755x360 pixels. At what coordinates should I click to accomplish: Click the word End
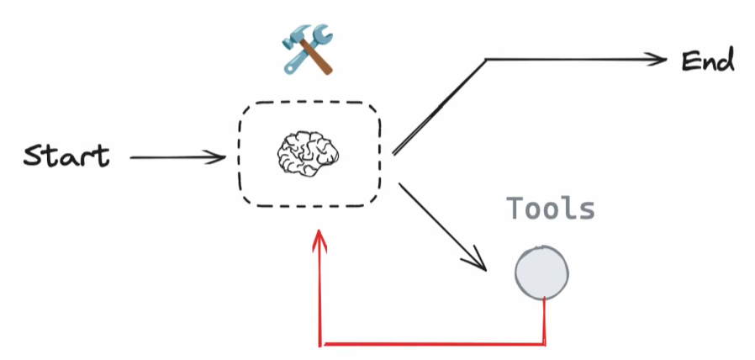(x=708, y=61)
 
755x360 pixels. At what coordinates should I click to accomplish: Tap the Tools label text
(x=551, y=209)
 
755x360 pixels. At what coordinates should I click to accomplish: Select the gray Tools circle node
(x=542, y=273)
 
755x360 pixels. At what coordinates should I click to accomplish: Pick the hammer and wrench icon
(x=307, y=50)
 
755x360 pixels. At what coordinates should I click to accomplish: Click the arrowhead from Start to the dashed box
(x=219, y=156)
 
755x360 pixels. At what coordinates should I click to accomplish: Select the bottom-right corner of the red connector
(x=546, y=343)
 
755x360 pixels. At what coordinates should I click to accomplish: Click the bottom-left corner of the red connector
(x=320, y=343)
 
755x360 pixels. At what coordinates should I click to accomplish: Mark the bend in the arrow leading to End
(x=486, y=61)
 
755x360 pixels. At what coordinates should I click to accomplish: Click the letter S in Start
(x=34, y=156)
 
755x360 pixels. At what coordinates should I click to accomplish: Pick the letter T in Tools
(x=514, y=209)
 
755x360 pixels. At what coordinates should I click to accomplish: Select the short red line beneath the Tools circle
(x=546, y=320)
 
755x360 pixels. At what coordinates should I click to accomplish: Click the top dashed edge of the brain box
(x=310, y=103)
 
